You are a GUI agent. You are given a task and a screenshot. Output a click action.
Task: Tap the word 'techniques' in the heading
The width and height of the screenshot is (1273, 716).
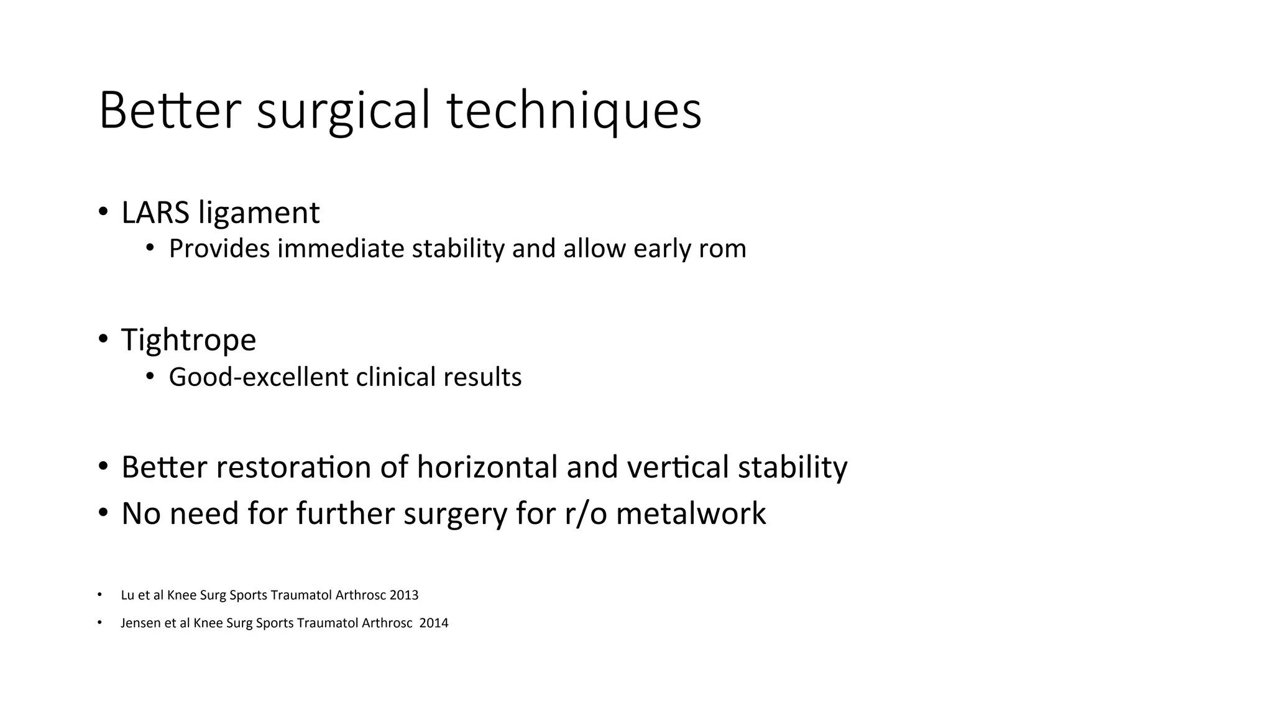574,112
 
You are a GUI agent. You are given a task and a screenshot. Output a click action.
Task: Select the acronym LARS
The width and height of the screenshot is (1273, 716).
155,213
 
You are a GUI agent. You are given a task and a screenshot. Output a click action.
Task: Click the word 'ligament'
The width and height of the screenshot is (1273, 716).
259,214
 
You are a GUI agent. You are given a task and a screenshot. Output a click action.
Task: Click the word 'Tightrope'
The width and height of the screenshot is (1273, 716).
188,340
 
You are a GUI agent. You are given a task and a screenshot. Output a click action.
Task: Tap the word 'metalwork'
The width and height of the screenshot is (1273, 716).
691,514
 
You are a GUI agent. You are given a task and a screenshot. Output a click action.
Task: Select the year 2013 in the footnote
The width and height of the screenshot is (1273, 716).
404,595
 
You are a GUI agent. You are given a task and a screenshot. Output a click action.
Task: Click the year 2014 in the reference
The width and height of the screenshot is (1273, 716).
434,623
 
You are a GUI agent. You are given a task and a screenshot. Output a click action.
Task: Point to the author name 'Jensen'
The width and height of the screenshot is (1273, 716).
140,623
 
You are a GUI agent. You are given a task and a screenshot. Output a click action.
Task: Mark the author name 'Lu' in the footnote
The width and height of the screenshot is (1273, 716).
127,595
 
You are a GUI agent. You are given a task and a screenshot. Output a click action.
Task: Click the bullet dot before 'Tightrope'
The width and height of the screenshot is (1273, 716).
103,339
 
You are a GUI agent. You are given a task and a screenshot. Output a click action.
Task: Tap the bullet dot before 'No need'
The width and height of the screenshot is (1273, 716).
103,513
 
